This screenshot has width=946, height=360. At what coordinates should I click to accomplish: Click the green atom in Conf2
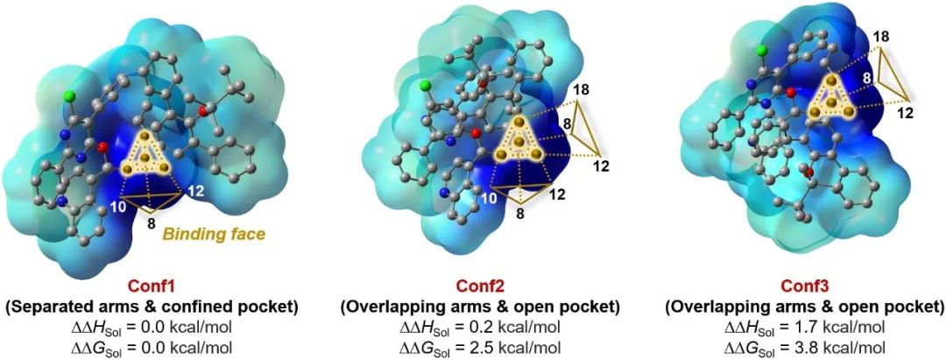click(x=426, y=85)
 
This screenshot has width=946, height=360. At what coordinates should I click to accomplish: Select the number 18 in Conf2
click(x=581, y=90)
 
